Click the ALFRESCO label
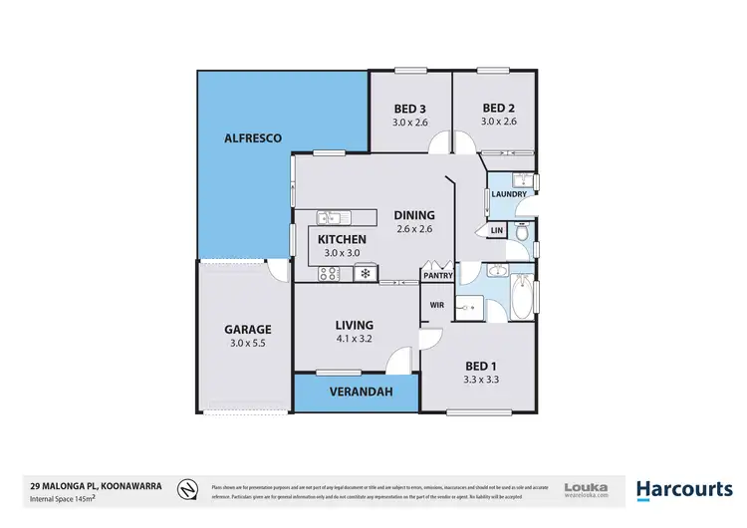tap(253, 137)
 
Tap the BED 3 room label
tap(409, 109)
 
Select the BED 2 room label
tap(497, 109)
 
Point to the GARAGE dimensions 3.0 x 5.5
tap(248, 343)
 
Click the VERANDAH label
tap(355, 392)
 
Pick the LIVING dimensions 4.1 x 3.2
tap(354, 339)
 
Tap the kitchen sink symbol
tap(330, 217)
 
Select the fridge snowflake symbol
tap(366, 273)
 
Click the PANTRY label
tap(438, 275)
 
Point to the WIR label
tap(436, 305)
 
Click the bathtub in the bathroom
tap(522, 298)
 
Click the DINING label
tap(414, 214)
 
